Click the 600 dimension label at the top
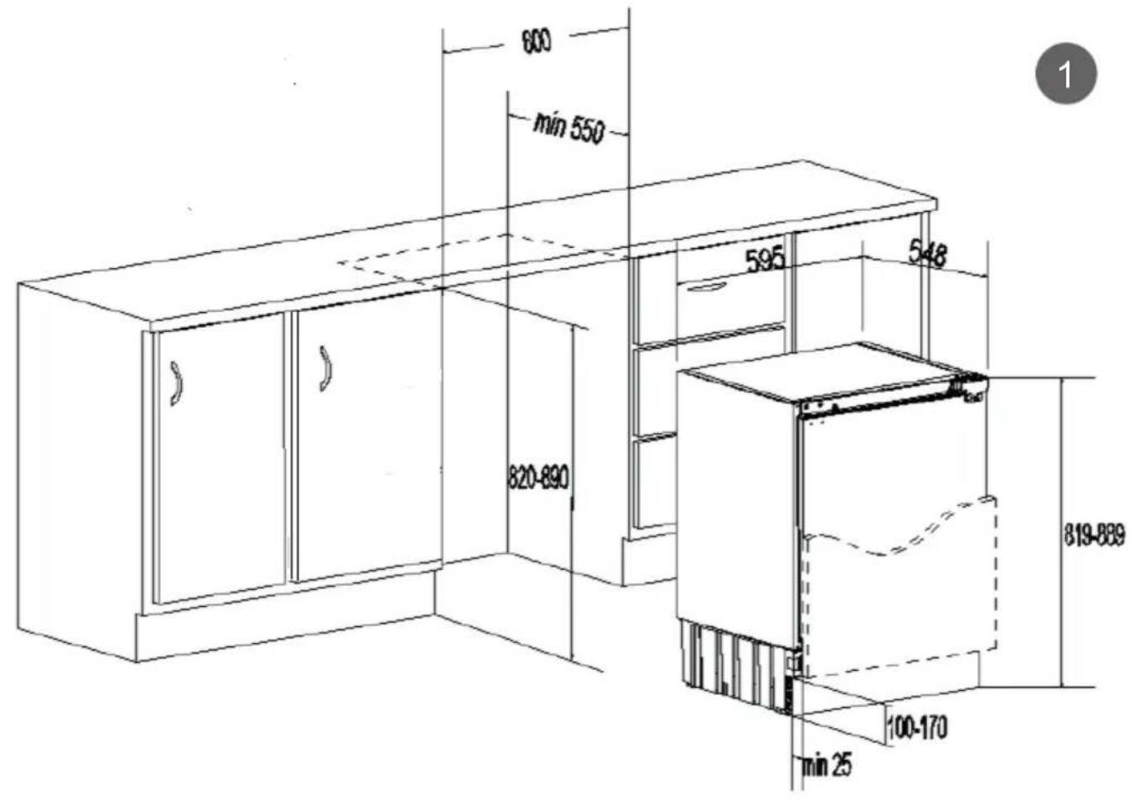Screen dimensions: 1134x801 coord(536,40)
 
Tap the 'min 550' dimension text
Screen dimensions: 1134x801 coord(569,128)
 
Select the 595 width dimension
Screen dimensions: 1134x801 coord(765,258)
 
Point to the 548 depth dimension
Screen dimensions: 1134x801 coord(927,252)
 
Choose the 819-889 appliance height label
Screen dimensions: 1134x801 coord(1094,535)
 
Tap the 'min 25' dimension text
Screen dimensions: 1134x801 coord(826,764)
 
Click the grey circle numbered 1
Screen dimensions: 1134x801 coord(1066,74)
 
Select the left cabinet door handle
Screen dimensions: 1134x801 coord(176,383)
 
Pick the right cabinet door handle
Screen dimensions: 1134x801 coord(325,368)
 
